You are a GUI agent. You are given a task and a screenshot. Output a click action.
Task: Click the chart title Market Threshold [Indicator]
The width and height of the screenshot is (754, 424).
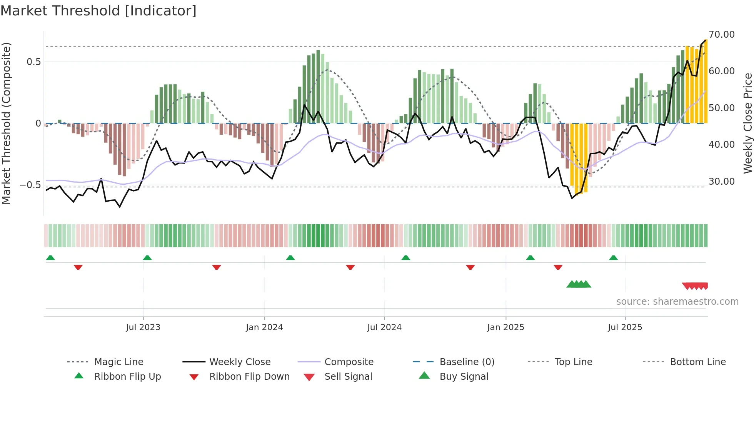click(x=98, y=11)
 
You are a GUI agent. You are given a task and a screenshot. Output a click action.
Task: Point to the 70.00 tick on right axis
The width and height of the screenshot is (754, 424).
click(x=721, y=35)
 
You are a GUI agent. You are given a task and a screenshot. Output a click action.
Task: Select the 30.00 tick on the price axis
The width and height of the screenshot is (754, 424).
click(x=721, y=181)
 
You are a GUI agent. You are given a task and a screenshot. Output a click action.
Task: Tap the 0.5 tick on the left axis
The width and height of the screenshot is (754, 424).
click(x=33, y=62)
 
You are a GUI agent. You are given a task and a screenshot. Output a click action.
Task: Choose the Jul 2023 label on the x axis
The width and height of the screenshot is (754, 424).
click(x=143, y=327)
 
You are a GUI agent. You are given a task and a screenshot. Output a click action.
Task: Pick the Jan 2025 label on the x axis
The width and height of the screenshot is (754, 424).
click(x=505, y=327)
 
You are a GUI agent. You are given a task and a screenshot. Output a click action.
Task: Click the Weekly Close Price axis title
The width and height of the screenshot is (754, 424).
click(x=747, y=123)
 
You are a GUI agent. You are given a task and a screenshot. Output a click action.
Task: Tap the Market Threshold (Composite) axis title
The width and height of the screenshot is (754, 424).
click(x=6, y=123)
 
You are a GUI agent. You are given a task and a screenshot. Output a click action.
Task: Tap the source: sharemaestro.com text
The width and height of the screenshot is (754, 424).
click(x=677, y=302)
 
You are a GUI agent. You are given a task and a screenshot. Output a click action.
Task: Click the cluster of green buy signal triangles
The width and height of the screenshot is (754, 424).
click(x=579, y=284)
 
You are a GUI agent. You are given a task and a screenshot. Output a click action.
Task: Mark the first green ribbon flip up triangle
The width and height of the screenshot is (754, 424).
click(x=50, y=258)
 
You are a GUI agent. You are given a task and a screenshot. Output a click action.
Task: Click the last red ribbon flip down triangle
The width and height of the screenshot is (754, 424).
click(x=558, y=267)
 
